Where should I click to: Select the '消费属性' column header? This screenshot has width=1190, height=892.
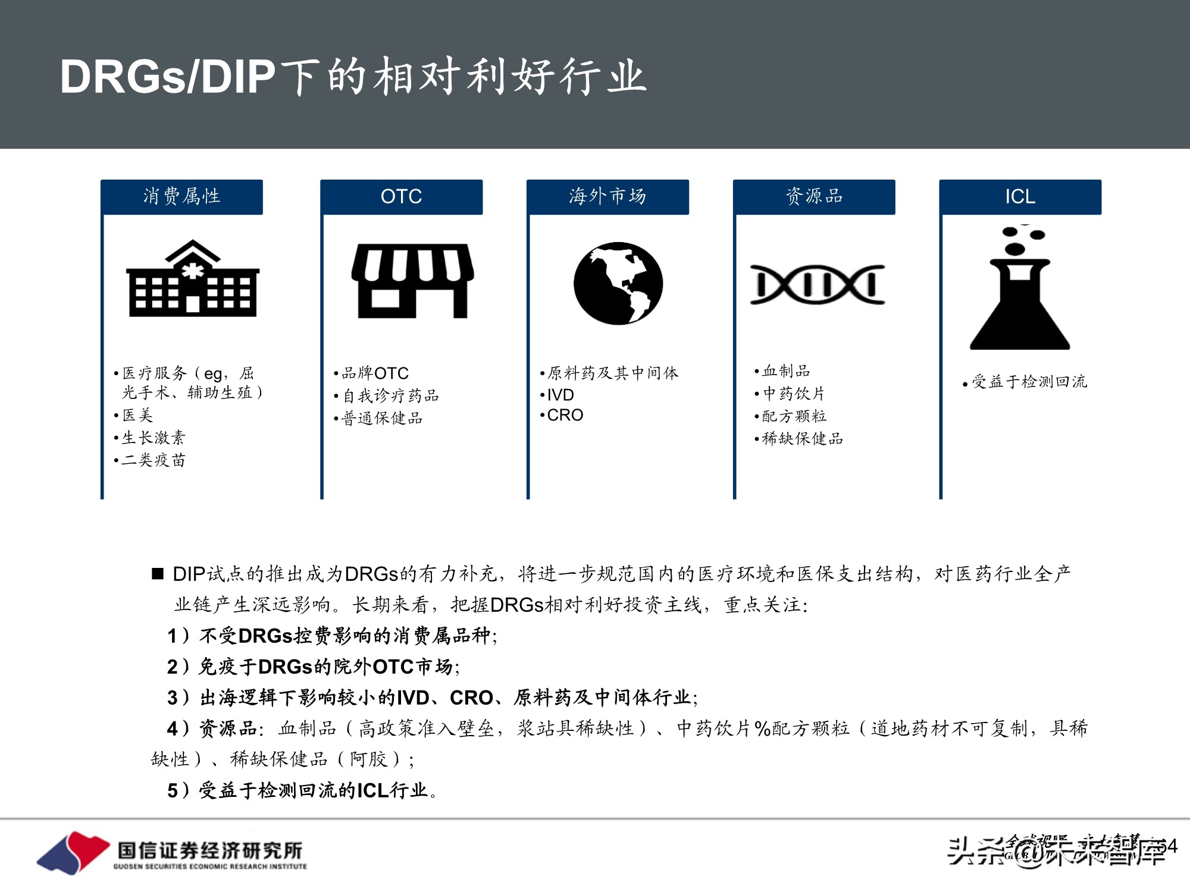click(x=181, y=196)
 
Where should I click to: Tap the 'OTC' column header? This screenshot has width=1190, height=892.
click(x=401, y=196)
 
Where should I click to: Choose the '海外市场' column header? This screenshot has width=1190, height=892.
click(x=607, y=196)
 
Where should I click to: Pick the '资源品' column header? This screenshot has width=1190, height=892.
click(x=814, y=196)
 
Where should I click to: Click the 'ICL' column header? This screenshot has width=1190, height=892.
click(x=1020, y=196)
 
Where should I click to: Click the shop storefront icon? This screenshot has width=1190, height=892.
click(x=412, y=281)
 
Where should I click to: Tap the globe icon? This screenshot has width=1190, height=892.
click(x=618, y=283)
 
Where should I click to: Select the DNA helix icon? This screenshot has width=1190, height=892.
click(x=817, y=284)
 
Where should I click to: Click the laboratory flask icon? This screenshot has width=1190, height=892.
click(x=1020, y=288)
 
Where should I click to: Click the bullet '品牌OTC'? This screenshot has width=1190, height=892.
click(x=375, y=373)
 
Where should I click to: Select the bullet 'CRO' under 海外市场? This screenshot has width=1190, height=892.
click(x=565, y=415)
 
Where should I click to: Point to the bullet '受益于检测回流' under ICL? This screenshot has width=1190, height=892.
click(x=1029, y=382)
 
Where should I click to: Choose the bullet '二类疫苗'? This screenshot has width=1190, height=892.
click(x=154, y=460)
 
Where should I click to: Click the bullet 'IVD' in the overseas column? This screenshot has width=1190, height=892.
click(x=560, y=395)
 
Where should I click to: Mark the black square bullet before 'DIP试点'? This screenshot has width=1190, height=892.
click(x=158, y=573)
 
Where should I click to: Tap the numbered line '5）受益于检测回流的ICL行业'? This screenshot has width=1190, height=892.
click(x=302, y=790)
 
